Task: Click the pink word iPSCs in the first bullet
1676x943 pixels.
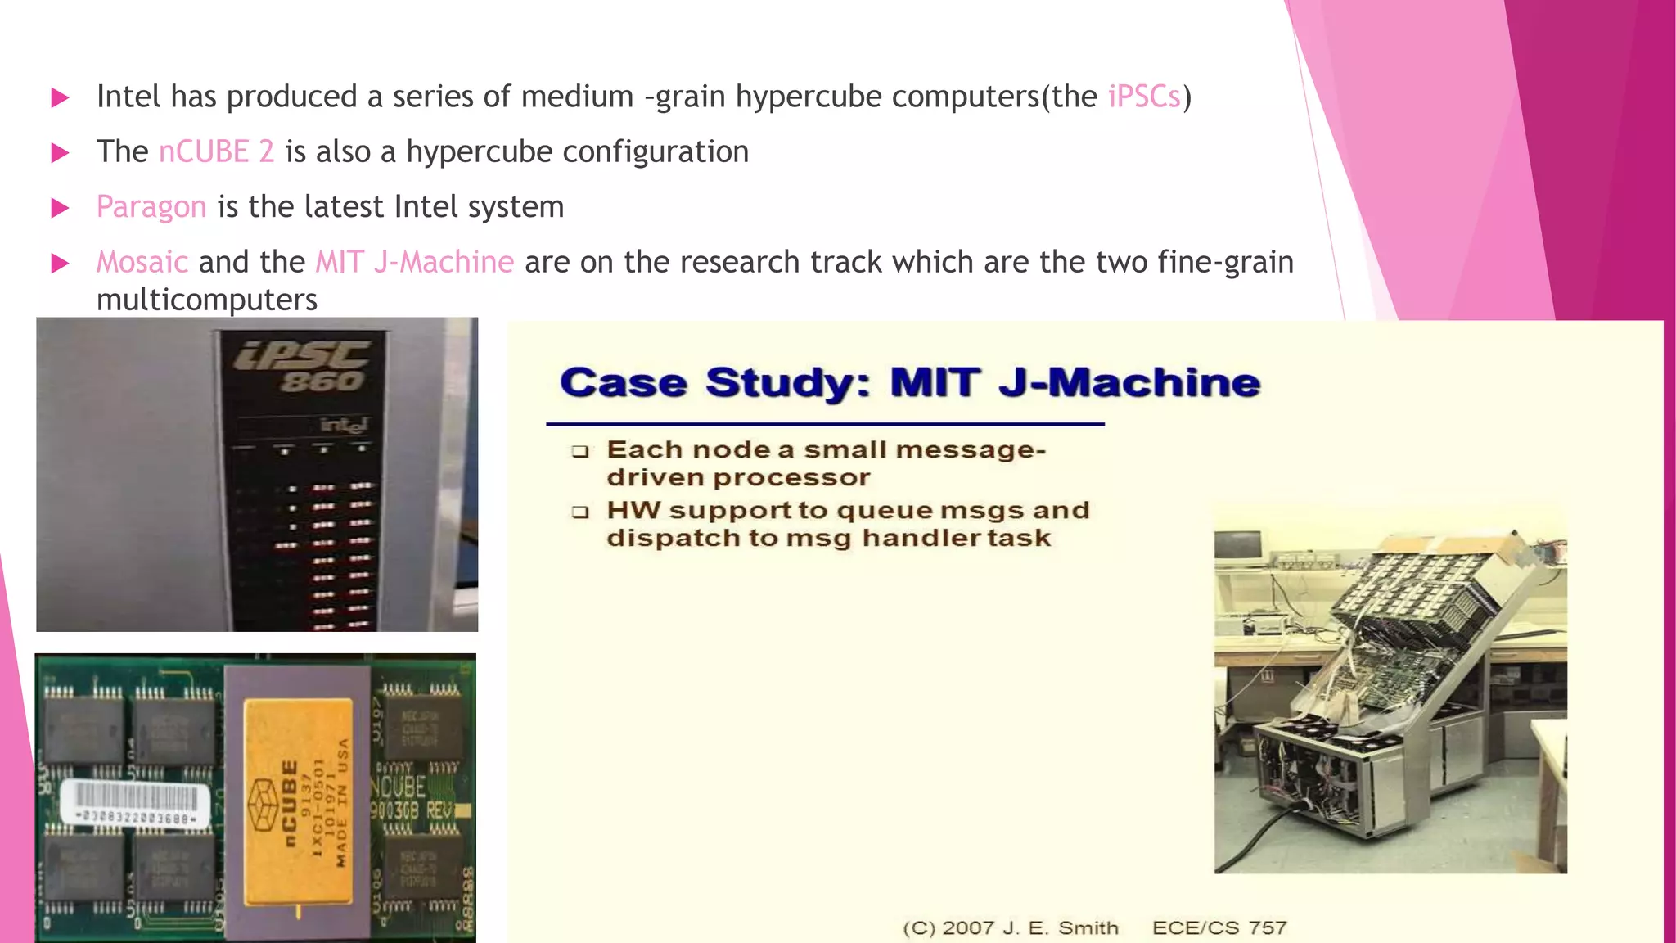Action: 1144,97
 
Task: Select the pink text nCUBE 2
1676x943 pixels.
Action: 216,152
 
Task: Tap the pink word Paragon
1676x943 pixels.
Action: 151,207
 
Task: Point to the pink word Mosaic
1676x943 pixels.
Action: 142,262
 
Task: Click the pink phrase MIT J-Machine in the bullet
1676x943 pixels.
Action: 415,262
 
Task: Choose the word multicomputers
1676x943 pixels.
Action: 207,300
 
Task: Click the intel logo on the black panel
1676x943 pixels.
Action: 344,425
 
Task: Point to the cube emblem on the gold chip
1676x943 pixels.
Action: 264,806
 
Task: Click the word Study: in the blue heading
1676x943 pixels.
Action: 788,383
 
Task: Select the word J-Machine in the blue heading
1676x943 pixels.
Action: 1129,383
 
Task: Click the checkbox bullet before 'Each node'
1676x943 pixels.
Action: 580,451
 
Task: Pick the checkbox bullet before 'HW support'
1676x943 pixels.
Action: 580,512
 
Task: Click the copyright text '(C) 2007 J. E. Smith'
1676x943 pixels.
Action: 1010,928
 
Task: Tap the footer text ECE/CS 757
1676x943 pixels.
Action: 1219,928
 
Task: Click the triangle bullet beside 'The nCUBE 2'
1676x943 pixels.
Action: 60,153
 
